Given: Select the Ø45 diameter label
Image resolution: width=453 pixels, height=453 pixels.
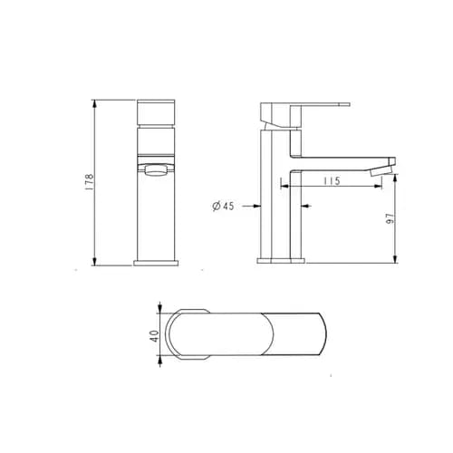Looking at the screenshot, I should click(223, 207).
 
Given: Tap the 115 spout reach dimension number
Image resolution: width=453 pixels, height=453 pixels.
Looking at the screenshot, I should click(331, 182).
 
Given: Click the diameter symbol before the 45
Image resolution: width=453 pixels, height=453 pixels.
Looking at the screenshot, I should click(216, 207).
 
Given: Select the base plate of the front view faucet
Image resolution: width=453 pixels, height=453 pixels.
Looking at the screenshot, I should click(156, 263).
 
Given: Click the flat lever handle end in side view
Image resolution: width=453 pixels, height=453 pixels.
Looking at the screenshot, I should click(335, 106).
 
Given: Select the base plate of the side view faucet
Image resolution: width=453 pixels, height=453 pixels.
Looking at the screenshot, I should click(281, 261).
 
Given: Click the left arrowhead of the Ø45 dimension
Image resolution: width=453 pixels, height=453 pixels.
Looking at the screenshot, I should click(256, 206).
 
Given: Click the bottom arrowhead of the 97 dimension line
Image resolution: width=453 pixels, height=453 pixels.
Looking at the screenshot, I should click(395, 259).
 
